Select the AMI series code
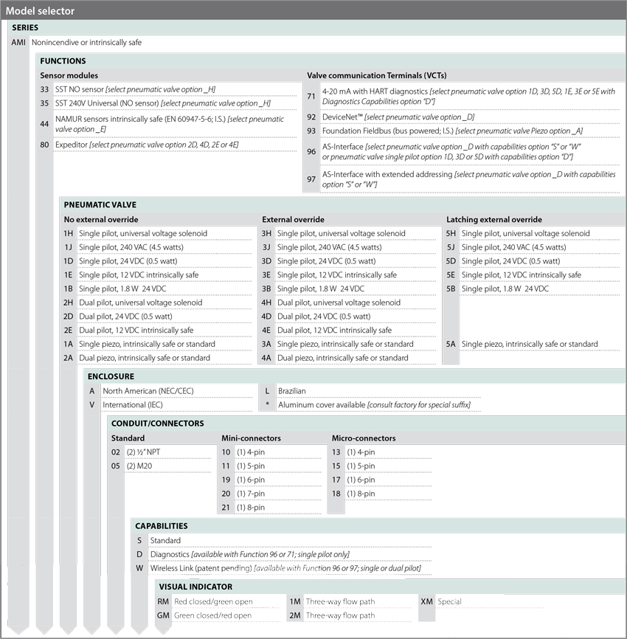tap(19, 43)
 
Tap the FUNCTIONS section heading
tap(63, 61)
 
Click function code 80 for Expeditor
tap(45, 145)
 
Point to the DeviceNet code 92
tap(311, 117)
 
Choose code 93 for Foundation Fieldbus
tap(311, 131)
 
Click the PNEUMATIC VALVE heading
tap(100, 204)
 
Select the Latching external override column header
tap(493, 219)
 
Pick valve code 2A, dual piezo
tap(69, 358)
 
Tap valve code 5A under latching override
tap(451, 344)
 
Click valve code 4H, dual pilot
tap(266, 303)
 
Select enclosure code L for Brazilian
tap(267, 391)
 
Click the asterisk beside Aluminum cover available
tap(267, 405)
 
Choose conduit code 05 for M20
tap(116, 466)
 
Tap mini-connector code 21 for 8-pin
tap(226, 508)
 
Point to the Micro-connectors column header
tap(364, 438)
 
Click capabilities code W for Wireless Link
tap(139, 568)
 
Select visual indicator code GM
tap(163, 615)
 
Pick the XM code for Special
tap(426, 601)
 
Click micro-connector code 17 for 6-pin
tap(336, 480)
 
